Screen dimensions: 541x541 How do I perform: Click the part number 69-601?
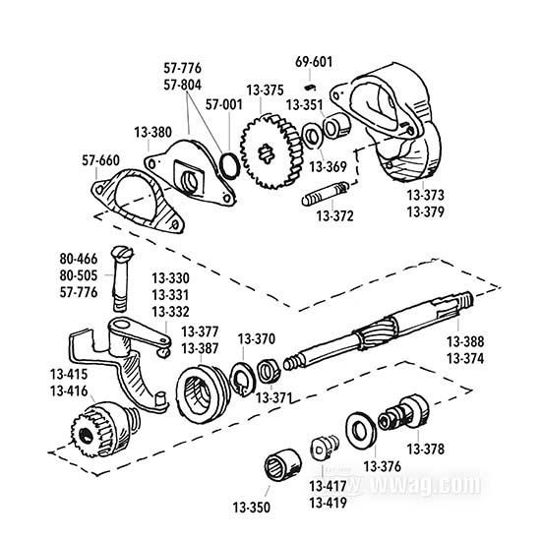pos(313,62)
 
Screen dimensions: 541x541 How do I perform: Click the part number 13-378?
pos(423,450)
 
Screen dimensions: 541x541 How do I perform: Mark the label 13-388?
pos(464,341)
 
